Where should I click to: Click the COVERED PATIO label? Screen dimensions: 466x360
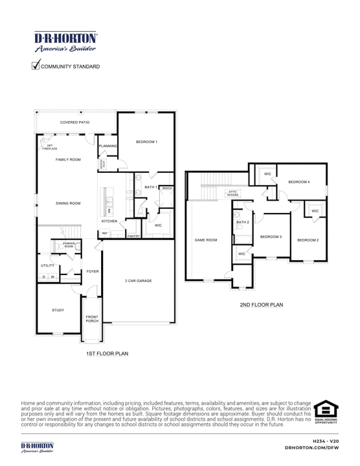click(x=75, y=122)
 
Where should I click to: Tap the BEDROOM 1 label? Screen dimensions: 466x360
click(x=147, y=141)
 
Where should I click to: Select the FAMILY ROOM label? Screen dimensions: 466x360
click(x=68, y=159)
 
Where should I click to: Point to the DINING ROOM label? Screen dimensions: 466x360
click(x=68, y=203)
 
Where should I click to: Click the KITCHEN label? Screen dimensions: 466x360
click(x=109, y=221)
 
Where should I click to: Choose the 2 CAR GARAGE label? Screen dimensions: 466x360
click(x=139, y=281)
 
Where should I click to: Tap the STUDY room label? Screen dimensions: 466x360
click(x=58, y=311)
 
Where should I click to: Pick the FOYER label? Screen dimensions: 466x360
click(x=93, y=271)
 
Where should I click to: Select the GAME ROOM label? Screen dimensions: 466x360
click(x=206, y=240)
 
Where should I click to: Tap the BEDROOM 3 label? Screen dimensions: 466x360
click(x=271, y=237)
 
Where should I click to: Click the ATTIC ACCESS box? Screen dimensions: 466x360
click(x=234, y=193)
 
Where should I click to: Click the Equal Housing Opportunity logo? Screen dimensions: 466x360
click(x=324, y=411)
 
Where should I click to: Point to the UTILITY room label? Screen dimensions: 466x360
click(x=47, y=266)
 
